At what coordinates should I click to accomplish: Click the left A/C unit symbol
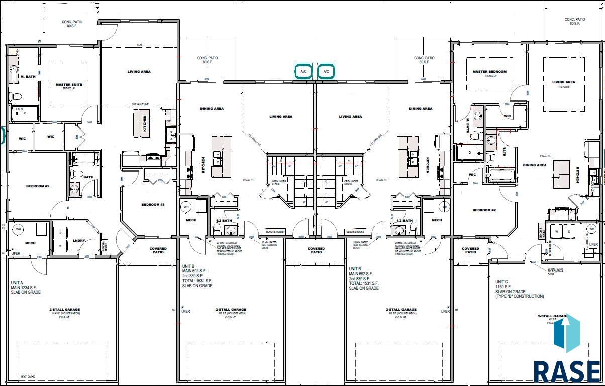[x=303, y=72]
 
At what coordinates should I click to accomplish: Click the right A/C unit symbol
[x=326, y=72]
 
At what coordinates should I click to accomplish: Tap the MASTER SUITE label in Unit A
[x=69, y=85]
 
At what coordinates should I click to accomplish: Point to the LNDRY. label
[x=79, y=241]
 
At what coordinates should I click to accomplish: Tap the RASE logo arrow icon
[x=567, y=334]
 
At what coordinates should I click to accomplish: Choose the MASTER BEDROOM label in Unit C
[x=489, y=72]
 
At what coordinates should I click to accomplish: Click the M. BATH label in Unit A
[x=27, y=76]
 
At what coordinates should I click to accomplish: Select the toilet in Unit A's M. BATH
[x=17, y=96]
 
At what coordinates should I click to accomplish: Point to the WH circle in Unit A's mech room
[x=19, y=229]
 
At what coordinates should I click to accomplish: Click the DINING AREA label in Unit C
[x=534, y=165]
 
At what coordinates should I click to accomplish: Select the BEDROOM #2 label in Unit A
[x=38, y=186]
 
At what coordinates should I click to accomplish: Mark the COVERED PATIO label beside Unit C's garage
[x=470, y=250]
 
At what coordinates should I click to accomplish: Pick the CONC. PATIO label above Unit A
[x=72, y=24]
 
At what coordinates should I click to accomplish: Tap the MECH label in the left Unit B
[x=191, y=220]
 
